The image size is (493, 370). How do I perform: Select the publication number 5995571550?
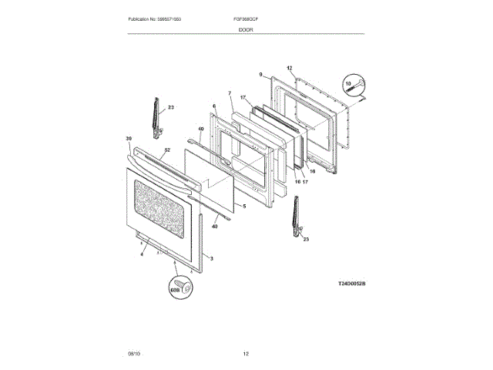[176, 18]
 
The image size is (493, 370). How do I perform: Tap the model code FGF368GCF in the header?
[246, 18]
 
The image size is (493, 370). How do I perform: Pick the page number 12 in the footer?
[246, 353]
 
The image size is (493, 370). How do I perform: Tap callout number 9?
[261, 75]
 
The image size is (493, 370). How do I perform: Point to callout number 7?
[229, 93]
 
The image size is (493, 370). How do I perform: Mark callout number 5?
[243, 207]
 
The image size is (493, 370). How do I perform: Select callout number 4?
[142, 254]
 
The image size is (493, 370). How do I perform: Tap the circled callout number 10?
[348, 83]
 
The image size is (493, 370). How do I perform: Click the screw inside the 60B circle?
[182, 287]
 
